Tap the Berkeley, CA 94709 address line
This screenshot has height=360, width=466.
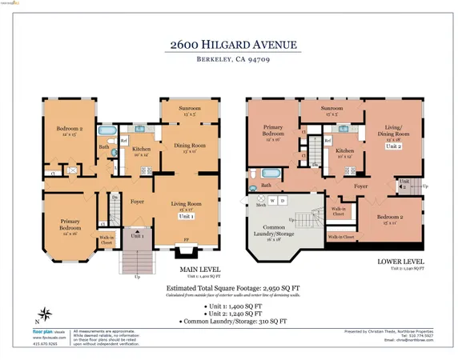232,60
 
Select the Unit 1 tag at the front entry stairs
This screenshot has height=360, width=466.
137,236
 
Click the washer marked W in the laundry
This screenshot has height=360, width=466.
272,200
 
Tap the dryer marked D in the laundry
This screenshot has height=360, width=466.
283,200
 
